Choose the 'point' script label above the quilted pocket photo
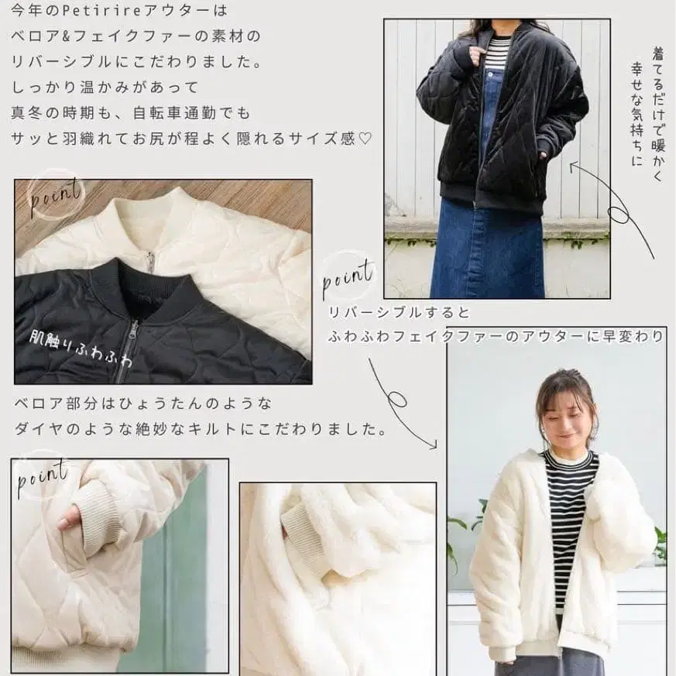coord(43,476)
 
